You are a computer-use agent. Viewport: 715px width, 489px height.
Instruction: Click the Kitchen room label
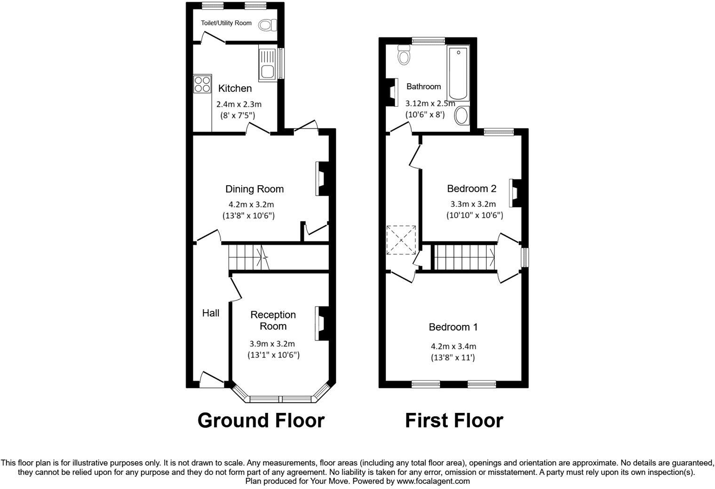[x=235, y=88]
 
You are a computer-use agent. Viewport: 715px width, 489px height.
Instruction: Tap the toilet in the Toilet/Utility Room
[x=268, y=24]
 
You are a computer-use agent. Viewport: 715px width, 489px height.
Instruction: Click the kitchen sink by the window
[x=267, y=64]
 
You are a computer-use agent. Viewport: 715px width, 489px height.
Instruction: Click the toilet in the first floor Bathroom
[x=404, y=55]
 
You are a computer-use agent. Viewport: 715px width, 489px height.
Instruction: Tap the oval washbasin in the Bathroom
[x=462, y=116]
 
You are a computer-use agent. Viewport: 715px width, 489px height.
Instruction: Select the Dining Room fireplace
[x=322, y=179]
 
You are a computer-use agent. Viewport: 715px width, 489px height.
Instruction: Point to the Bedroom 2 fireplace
[x=515, y=193]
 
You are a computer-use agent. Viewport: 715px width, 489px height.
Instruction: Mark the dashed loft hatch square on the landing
[x=401, y=240]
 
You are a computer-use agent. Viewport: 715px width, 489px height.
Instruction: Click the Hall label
[x=211, y=313]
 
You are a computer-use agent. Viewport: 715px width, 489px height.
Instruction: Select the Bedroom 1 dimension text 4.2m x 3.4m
[x=453, y=347]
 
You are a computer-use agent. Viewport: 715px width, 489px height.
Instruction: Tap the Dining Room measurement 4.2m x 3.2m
[x=251, y=205]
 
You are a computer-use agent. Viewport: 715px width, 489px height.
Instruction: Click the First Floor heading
[x=454, y=420]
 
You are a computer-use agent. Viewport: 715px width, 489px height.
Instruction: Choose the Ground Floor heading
[x=261, y=420]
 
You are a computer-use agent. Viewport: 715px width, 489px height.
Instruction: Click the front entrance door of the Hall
[x=212, y=380]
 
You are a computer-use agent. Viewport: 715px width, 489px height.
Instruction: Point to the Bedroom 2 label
[x=471, y=189]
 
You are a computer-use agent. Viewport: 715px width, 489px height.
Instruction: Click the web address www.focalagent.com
[x=433, y=481]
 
